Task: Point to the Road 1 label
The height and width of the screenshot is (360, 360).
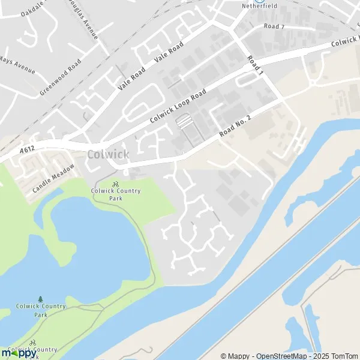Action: pos(255,65)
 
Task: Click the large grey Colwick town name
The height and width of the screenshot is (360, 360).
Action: pos(107,154)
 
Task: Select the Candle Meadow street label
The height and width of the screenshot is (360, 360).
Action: pos(53,178)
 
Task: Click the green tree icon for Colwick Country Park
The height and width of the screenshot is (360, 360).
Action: pos(40,299)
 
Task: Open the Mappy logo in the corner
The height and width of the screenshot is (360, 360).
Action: pos(18,353)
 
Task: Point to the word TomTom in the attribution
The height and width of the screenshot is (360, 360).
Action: pos(344,356)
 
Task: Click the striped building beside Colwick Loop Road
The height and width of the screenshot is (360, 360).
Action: pos(185,122)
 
